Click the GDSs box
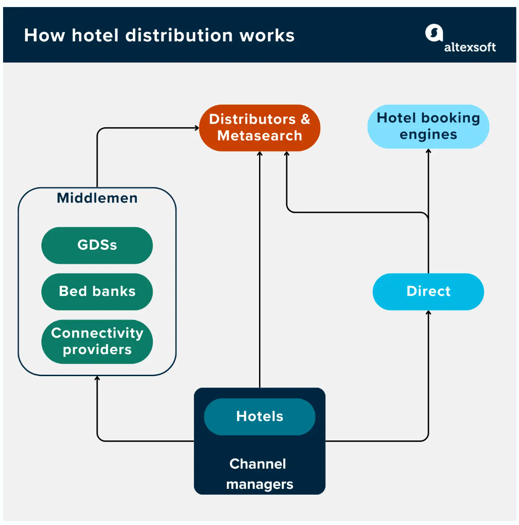click(x=97, y=245)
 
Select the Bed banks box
click(x=97, y=292)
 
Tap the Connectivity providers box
click(x=97, y=341)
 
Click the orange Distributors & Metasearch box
click(x=259, y=128)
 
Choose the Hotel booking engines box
click(x=428, y=126)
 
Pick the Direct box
click(x=428, y=292)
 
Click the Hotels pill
click(x=259, y=417)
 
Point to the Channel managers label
click(x=259, y=474)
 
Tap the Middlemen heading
click(x=97, y=198)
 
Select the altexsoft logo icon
click(x=434, y=33)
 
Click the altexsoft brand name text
click(x=470, y=47)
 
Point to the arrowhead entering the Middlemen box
click(x=97, y=378)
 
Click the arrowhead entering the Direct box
click(x=428, y=313)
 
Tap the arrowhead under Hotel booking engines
click(x=428, y=151)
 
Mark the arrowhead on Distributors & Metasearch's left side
click(x=197, y=128)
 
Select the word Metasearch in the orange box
click(x=259, y=136)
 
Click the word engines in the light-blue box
click(x=428, y=135)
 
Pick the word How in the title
click(x=44, y=36)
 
